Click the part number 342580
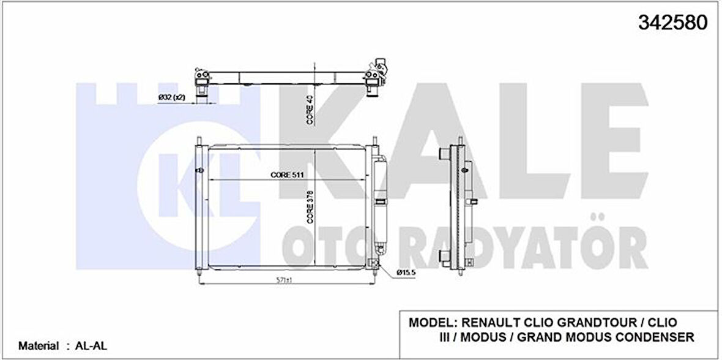[673, 22]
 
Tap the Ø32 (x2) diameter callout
[172, 97]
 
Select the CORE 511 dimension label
[288, 174]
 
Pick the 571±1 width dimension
[288, 280]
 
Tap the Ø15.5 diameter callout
[406, 272]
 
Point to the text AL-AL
[87, 346]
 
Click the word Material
[39, 346]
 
